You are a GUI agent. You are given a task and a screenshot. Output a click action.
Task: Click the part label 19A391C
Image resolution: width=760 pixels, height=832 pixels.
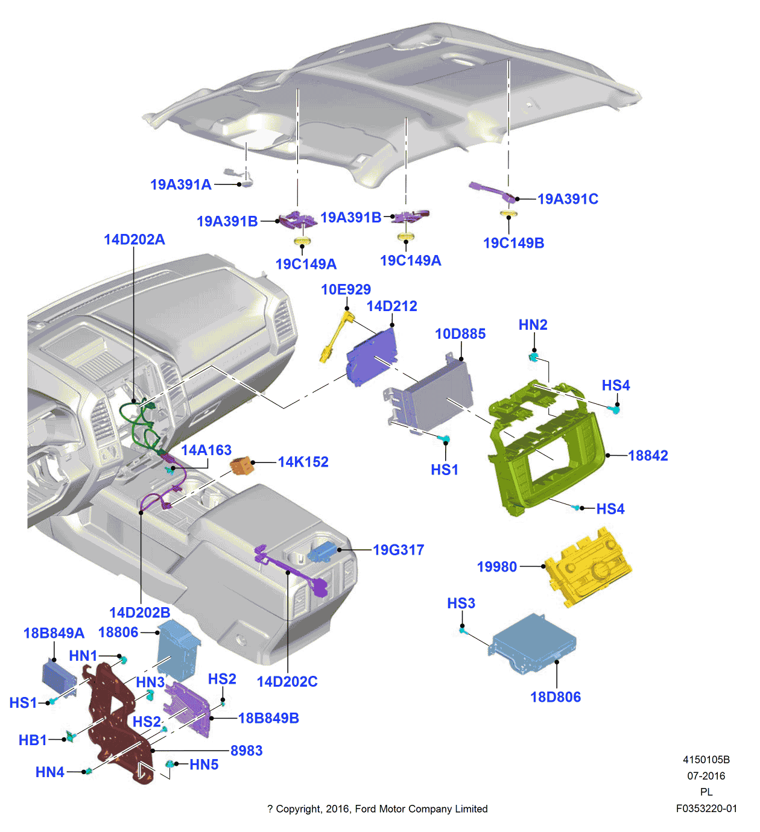point(568,199)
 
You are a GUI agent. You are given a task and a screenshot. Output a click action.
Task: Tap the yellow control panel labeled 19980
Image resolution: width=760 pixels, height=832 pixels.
point(588,567)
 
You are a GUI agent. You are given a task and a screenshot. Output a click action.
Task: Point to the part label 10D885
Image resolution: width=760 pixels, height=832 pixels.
point(460,334)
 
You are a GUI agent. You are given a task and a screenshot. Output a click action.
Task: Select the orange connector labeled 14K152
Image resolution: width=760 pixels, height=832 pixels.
point(242,465)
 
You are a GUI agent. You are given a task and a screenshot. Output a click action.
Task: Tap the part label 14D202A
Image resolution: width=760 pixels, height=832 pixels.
point(134,240)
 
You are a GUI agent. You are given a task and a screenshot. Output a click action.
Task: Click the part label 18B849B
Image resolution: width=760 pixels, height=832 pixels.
point(268,718)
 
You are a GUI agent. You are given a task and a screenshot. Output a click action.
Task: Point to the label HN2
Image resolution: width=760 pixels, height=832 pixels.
point(533,325)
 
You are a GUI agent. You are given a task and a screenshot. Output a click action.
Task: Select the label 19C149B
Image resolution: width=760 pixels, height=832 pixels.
point(513,243)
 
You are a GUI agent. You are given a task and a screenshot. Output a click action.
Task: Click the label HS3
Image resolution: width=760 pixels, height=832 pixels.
point(461,604)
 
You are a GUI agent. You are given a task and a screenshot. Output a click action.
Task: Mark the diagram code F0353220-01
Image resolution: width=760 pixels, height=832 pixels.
point(706,808)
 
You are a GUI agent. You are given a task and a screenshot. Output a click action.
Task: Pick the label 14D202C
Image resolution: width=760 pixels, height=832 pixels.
point(287,682)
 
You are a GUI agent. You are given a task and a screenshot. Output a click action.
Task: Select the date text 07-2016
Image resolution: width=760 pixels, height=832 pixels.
point(706,776)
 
